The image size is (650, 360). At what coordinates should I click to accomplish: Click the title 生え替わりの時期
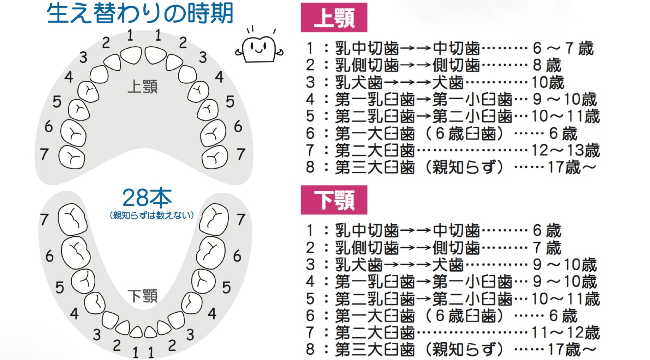(x=140, y=13)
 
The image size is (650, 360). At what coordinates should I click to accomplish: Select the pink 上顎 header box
(x=334, y=18)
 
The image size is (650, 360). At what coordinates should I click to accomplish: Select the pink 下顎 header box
(x=334, y=200)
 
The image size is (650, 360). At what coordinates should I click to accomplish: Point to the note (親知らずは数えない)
(x=152, y=215)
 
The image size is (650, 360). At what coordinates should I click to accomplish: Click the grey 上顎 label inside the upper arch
(x=142, y=87)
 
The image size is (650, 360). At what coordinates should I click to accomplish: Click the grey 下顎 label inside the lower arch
(x=142, y=296)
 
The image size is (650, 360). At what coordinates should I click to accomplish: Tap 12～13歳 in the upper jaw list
(x=565, y=151)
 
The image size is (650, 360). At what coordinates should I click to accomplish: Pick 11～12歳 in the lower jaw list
(x=565, y=333)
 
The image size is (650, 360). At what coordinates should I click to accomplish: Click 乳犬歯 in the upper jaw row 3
(x=359, y=83)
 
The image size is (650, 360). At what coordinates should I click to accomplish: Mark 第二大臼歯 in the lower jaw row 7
(x=375, y=333)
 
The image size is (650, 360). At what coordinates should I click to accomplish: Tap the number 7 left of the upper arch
(x=44, y=154)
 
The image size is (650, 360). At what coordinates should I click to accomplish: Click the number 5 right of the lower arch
(x=226, y=288)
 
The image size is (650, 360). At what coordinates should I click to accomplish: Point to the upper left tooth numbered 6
(x=73, y=133)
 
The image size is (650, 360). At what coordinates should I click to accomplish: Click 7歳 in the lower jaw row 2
(x=547, y=248)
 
